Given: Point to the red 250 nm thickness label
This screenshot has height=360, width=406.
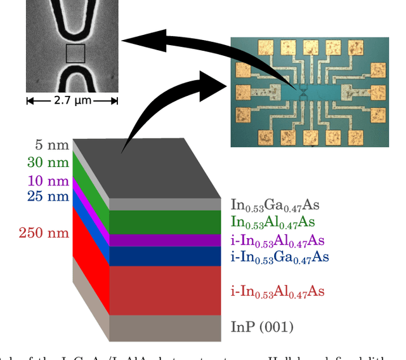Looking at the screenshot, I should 44,233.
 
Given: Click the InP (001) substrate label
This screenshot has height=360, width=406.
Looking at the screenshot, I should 262,327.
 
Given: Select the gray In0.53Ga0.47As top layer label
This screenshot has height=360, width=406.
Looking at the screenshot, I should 275,205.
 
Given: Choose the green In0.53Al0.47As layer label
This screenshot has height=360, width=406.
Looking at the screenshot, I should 273,222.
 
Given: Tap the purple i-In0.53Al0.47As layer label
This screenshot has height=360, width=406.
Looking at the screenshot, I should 278,241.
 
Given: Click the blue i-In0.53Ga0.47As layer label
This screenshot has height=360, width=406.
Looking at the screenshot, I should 280,257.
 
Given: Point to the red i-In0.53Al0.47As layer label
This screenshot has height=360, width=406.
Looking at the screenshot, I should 278,291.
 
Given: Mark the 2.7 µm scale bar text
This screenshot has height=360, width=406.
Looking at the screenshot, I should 72,100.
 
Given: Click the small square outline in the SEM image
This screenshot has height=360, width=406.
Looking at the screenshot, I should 75,53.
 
